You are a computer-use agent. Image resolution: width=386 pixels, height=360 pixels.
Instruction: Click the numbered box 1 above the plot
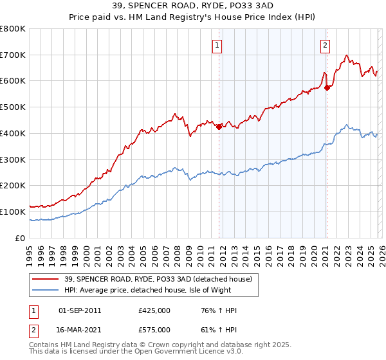point(218,45)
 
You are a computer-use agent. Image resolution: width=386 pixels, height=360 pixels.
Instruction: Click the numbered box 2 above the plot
point(326,45)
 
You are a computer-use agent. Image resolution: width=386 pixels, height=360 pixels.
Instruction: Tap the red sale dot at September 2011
point(219,127)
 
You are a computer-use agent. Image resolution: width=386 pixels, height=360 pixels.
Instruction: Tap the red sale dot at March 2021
point(327,87)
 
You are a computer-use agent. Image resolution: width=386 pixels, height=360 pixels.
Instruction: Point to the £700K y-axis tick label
point(13,55)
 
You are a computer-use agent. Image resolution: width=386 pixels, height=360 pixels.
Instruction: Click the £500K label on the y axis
point(13,107)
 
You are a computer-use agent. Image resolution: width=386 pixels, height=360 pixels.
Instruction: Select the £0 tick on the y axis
point(21,238)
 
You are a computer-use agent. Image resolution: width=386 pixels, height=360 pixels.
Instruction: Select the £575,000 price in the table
point(154,330)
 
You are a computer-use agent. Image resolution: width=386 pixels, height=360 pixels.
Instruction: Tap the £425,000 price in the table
point(154,310)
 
